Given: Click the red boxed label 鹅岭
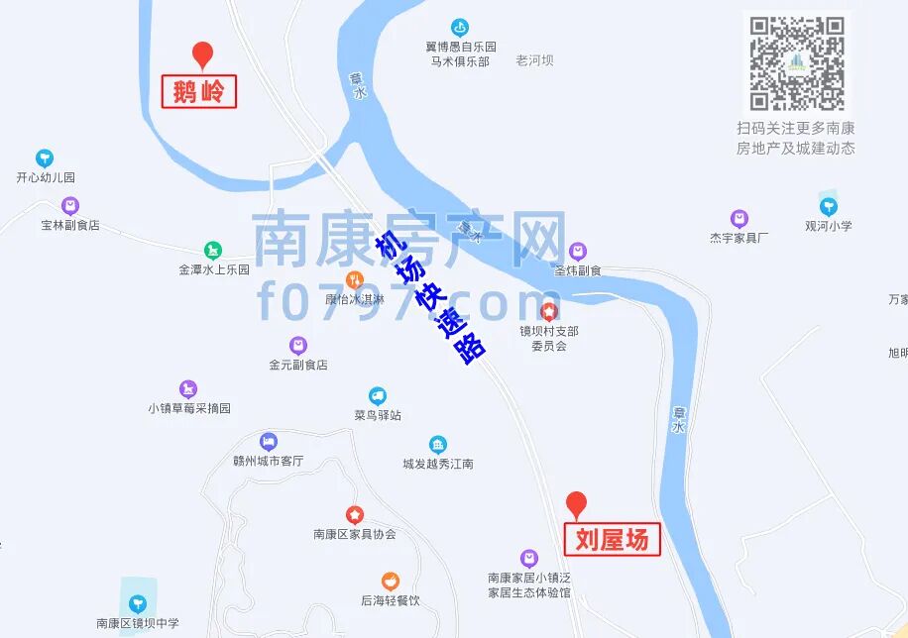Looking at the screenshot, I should pyautogui.click(x=198, y=92).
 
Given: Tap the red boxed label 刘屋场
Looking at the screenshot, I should pyautogui.click(x=612, y=539).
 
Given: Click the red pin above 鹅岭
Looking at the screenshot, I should pyautogui.click(x=202, y=55).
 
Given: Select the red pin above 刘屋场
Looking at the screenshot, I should pyautogui.click(x=576, y=504).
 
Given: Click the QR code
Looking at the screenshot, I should pyautogui.click(x=797, y=62).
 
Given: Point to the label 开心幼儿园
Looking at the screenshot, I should pyautogui.click(x=46, y=177).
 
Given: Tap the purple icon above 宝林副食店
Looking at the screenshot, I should pyautogui.click(x=69, y=206).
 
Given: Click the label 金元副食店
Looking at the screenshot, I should pyautogui.click(x=297, y=365).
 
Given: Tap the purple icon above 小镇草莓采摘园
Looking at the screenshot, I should pyautogui.click(x=188, y=389).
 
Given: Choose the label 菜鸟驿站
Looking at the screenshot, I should pyautogui.click(x=378, y=415).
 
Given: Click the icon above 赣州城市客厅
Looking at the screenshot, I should pyautogui.click(x=268, y=442).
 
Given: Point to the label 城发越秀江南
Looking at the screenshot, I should pyautogui.click(x=438, y=463).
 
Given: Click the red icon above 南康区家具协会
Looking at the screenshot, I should pyautogui.click(x=354, y=515).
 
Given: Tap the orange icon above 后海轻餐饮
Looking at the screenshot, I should pyautogui.click(x=391, y=582).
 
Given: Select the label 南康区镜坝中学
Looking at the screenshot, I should pyautogui.click(x=138, y=623).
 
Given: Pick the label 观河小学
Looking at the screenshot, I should pyautogui.click(x=829, y=225).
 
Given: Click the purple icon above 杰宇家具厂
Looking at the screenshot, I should pyautogui.click(x=738, y=219).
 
